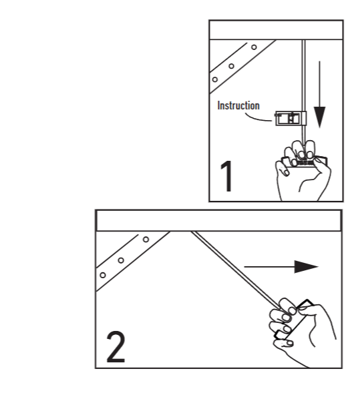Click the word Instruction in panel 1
[x=238, y=105]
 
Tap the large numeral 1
[x=226, y=176]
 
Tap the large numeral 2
[x=116, y=346]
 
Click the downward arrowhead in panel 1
[x=319, y=117]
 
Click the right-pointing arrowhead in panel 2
[x=307, y=267]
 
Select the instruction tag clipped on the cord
[x=291, y=119]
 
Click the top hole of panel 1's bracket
[x=254, y=47]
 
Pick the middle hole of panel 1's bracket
[x=231, y=66]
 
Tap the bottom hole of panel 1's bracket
[x=215, y=79]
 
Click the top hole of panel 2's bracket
[x=146, y=240]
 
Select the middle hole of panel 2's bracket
[x=121, y=260]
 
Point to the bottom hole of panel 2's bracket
[x=103, y=275]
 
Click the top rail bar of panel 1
[x=276, y=30]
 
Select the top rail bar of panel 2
[x=218, y=221]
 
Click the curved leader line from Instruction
[x=257, y=118]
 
